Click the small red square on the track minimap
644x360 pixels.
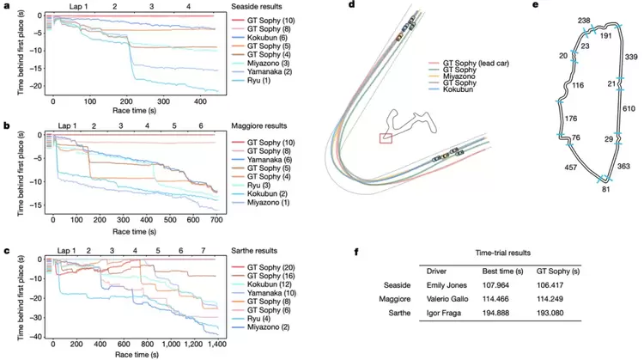click(386, 137)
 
